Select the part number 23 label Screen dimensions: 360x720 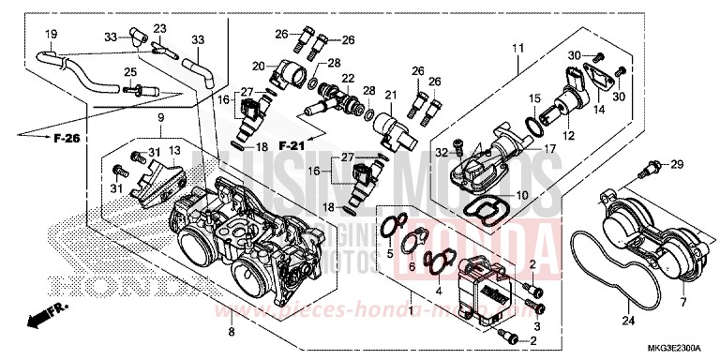(159, 28)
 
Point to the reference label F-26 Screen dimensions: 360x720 (66, 139)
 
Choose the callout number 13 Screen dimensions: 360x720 (174, 150)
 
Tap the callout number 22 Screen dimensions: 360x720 (348, 77)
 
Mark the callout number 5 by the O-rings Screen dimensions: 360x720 (389, 253)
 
